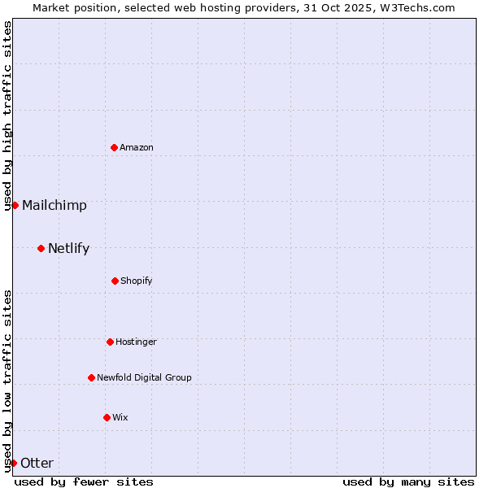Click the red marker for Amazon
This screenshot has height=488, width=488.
pos(115,147)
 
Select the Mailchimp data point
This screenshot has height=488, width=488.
pos(15,205)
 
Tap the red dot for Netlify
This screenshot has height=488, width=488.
pos(41,248)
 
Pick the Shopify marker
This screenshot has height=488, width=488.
pos(115,281)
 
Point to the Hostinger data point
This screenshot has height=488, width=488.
pos(110,342)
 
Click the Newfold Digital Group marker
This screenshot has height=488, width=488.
pos(91,377)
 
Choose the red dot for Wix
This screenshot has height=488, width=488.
pos(107,417)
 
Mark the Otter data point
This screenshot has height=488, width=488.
pos(13,463)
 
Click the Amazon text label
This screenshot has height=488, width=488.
pos(137,147)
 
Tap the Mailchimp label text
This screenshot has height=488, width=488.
pos(54,205)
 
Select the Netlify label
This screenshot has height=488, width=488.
pos(68,248)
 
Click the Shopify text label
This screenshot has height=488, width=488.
pos(137,281)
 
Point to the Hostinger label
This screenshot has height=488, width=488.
pos(136,342)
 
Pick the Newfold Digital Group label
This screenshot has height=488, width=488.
pos(144,377)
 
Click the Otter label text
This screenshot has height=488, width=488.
pos(37,463)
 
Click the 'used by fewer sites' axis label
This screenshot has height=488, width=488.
pos(84,481)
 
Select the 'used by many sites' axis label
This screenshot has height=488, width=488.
pos(408,481)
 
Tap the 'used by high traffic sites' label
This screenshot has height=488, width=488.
pos(7,116)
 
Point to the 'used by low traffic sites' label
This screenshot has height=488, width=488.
pos(7,381)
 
